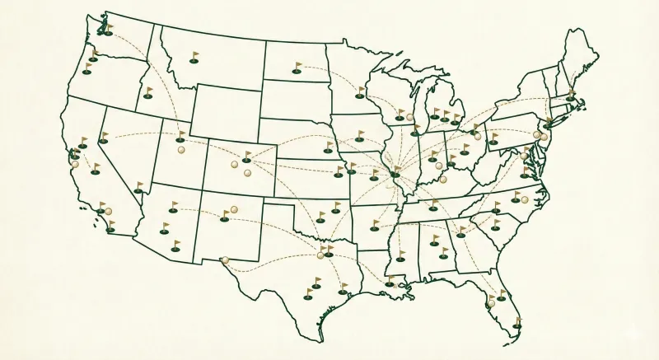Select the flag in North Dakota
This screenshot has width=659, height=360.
[x=297, y=68]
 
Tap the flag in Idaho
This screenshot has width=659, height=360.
[x=148, y=92]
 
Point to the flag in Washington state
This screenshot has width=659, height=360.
[x=108, y=30]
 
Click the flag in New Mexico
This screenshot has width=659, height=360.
[x=225, y=217]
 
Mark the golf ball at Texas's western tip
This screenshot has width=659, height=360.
[x=225, y=260]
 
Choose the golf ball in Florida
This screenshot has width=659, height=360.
[x=491, y=303]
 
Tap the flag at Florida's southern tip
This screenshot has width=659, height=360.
[x=516, y=324]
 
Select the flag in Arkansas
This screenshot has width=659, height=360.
[x=375, y=224]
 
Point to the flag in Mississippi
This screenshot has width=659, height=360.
[x=400, y=255]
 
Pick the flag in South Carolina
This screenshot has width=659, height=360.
[x=495, y=223]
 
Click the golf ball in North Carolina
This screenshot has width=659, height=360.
[x=525, y=199]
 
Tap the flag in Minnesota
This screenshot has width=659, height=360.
[x=359, y=92]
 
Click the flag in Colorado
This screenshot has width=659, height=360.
[x=246, y=157]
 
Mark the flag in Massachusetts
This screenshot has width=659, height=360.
[x=570, y=95]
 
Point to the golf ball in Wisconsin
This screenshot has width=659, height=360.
[x=409, y=117]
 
